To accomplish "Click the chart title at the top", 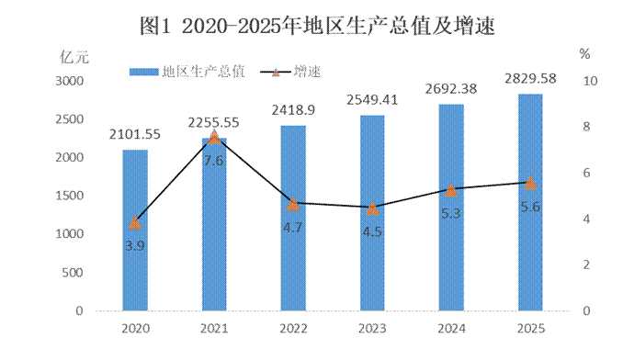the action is pyautogui.click(x=317, y=27).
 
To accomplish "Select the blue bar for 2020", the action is pyautogui.click(x=135, y=231).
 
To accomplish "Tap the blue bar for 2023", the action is pyautogui.click(x=372, y=213).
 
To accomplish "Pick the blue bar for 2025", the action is pyautogui.click(x=530, y=202).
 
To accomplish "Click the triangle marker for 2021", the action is pyautogui.click(x=214, y=137).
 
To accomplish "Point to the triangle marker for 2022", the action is pyautogui.click(x=293, y=204).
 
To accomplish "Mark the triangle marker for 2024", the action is pyautogui.click(x=451, y=190).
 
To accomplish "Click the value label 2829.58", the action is pyautogui.click(x=530, y=78).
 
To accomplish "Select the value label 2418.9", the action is pyautogui.click(x=293, y=109).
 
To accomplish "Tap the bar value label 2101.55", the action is pyautogui.click(x=135, y=134).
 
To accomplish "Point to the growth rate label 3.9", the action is pyautogui.click(x=135, y=245).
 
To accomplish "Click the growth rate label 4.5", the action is pyautogui.click(x=372, y=232).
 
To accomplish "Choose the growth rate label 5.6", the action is pyautogui.click(x=530, y=207).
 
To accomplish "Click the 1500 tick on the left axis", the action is pyautogui.click(x=70, y=196).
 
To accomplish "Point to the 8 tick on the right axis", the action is pyautogui.click(x=586, y=127).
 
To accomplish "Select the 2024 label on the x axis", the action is pyautogui.click(x=451, y=329).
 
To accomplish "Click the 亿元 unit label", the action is pyautogui.click(x=74, y=57).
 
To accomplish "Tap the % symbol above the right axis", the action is pyautogui.click(x=584, y=54).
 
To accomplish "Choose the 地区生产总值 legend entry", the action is pyautogui.click(x=187, y=72).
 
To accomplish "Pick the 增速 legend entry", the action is pyautogui.click(x=290, y=72).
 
